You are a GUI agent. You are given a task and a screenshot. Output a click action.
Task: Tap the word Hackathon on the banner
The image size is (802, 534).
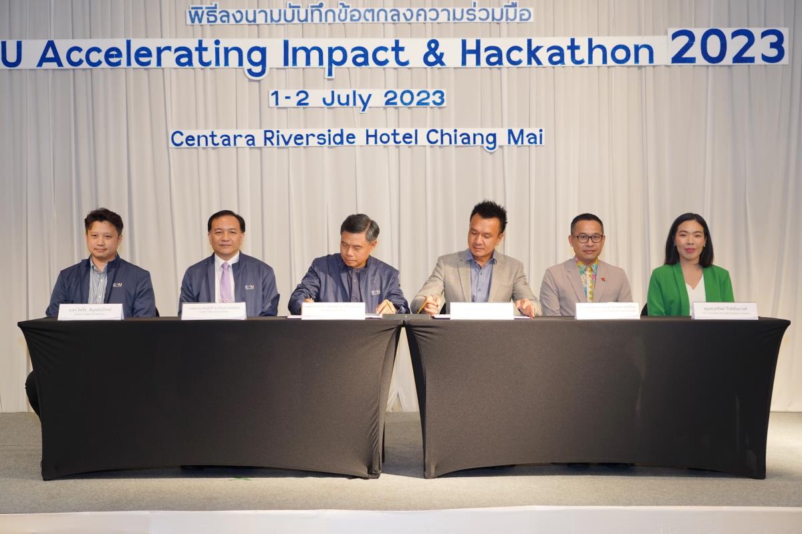pos(557,53)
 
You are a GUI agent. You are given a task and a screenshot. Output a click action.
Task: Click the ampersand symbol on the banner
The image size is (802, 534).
pos(434,54)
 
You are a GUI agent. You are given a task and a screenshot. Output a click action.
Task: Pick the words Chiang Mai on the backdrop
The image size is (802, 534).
pos(485,138)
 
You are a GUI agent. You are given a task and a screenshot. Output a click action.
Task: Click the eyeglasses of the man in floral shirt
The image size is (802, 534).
pos(587,238)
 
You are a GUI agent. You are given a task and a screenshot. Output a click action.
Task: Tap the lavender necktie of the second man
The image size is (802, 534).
pos(226,281)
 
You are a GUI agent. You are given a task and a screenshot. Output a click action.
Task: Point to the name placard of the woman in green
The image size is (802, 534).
pos(724,310)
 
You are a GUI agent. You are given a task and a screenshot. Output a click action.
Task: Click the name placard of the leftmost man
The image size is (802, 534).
pos(90,312)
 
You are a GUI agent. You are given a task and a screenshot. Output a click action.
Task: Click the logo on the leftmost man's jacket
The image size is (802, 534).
pos(117,285)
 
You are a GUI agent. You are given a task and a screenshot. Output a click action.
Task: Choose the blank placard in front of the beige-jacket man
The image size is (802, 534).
pos(481,310)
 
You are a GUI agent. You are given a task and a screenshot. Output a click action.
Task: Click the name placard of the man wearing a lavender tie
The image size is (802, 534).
pos(213,311)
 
